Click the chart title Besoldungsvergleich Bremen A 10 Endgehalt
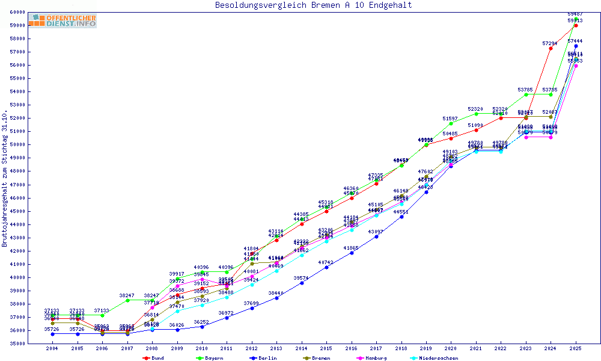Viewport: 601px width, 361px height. click(314, 5)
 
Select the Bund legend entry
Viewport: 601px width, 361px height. click(154, 358)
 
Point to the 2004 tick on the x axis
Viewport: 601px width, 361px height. click(53, 348)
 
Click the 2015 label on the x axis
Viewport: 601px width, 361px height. click(326, 348)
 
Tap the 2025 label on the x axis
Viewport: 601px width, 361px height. click(576, 348)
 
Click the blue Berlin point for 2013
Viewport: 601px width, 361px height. click(276, 298)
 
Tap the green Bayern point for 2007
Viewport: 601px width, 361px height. click(127, 300)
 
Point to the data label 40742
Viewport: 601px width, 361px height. click(326, 262)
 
